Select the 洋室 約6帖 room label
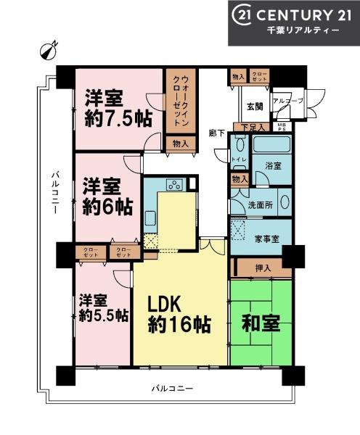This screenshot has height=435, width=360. pyautogui.click(x=106, y=195)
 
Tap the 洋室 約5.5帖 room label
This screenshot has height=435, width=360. pyautogui.click(x=104, y=307)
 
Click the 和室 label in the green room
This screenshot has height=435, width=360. pyautogui.click(x=261, y=323)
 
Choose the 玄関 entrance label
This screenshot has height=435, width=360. pyautogui.click(x=255, y=107)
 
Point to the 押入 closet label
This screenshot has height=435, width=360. pyautogui.click(x=264, y=268)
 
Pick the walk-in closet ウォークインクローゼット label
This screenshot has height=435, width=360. pyautogui.click(x=179, y=101)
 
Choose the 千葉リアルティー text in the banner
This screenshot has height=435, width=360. pyautogui.click(x=297, y=31)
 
